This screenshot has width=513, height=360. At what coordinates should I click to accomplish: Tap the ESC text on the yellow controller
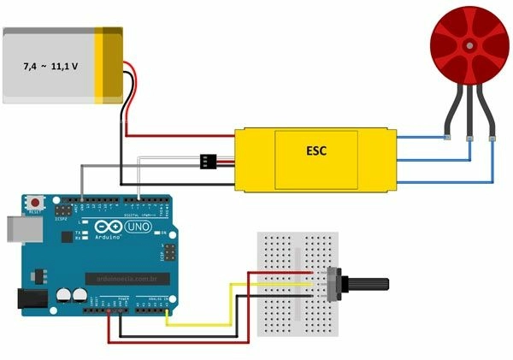tap(316, 151)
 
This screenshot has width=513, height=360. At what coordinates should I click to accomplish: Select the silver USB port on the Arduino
tap(15, 228)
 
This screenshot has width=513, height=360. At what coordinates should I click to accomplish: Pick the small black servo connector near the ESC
tap(208, 161)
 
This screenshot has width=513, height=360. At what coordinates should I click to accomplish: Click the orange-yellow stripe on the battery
tap(110, 65)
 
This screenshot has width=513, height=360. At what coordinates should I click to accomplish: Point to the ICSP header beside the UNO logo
tap(170, 253)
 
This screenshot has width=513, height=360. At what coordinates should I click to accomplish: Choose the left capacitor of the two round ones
tap(64, 295)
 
